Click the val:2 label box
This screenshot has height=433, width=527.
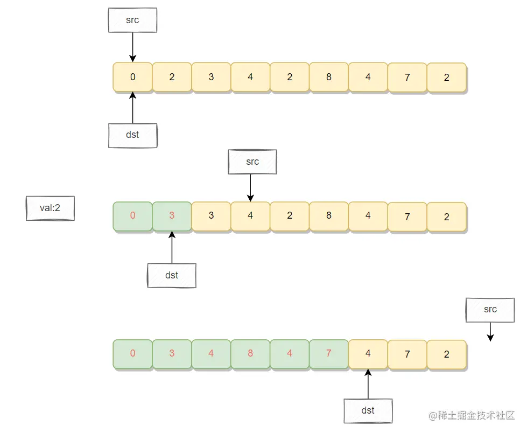[x=50, y=208]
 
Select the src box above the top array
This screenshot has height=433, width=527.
[x=132, y=20]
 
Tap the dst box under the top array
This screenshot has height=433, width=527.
[x=132, y=135]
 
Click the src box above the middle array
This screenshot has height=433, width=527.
[x=252, y=162]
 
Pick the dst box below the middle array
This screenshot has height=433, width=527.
[x=172, y=275]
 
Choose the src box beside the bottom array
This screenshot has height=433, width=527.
[x=490, y=310]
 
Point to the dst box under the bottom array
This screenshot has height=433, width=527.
[x=368, y=410]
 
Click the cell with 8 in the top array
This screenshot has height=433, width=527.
[x=329, y=77]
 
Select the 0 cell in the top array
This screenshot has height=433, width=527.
[x=133, y=77]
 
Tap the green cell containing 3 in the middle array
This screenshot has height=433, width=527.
[x=172, y=216]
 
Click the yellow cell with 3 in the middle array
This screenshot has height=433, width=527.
[x=211, y=216]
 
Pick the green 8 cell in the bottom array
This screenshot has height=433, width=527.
[x=250, y=354]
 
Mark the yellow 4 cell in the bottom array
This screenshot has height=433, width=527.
[x=368, y=354]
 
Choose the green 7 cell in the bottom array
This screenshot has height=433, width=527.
[x=329, y=354]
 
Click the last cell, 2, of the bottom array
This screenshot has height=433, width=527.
[x=447, y=354]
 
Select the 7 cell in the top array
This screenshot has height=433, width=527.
[x=407, y=77]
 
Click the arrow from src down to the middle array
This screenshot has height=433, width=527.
[x=250, y=187]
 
